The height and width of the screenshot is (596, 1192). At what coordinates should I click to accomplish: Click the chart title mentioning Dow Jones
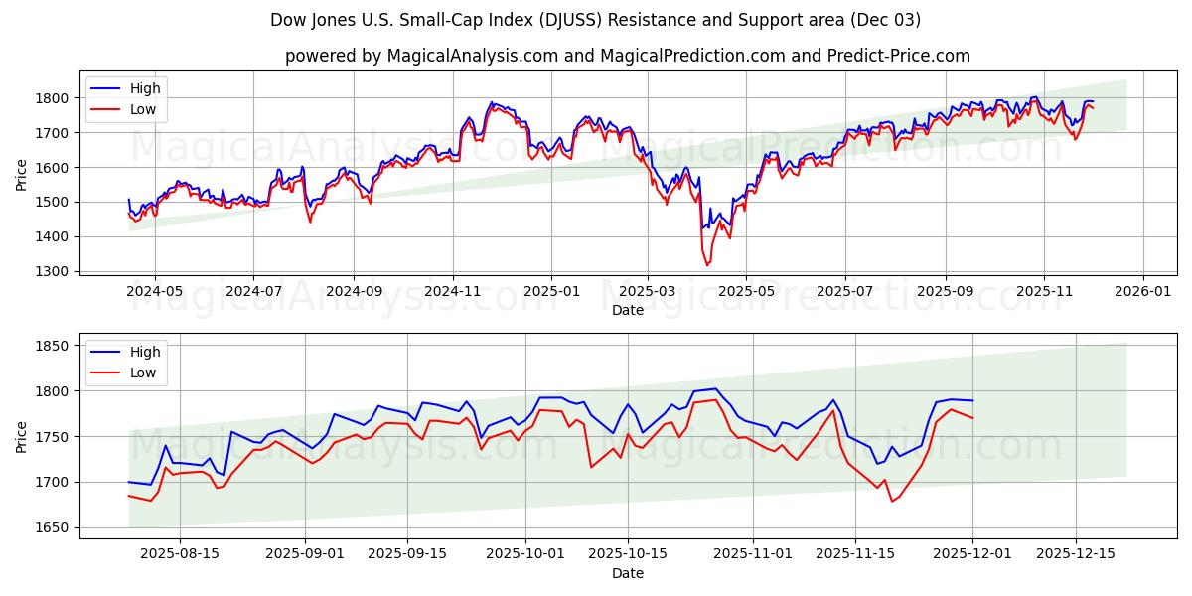click(x=595, y=20)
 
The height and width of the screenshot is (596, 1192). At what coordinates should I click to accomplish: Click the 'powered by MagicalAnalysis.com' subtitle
click(x=627, y=56)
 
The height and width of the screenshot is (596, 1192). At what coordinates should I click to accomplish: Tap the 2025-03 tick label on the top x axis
click(x=648, y=292)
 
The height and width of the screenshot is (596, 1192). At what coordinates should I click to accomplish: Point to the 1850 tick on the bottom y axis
click(x=54, y=346)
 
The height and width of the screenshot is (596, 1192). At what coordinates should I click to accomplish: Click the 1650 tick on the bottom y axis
click(x=54, y=527)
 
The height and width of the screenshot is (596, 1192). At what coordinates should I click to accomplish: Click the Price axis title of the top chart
click(x=22, y=174)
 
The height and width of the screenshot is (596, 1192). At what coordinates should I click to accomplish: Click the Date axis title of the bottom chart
click(x=627, y=573)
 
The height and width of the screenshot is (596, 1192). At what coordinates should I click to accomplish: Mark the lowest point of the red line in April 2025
click(x=707, y=265)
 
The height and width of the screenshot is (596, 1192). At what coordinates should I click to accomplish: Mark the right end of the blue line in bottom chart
click(x=973, y=400)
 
